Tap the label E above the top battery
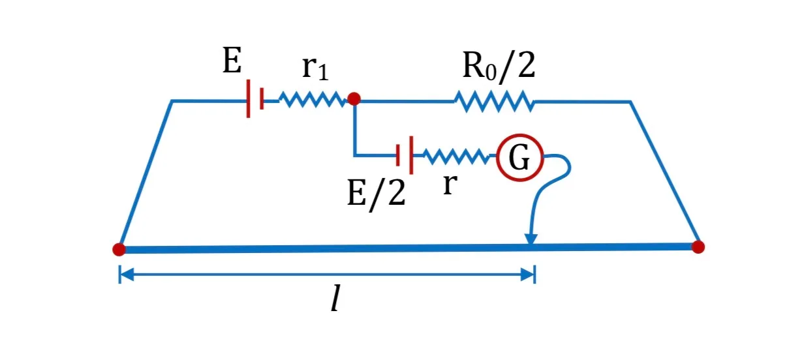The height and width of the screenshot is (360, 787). point(232,61)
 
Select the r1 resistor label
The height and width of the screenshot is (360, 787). point(315,68)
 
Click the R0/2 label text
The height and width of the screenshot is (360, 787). point(499,66)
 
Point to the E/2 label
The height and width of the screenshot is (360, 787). point(377,193)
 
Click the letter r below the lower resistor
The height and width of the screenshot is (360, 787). point(450,185)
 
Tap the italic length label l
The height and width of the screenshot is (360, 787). point(335,298)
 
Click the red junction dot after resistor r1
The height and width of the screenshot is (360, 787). point(354,98)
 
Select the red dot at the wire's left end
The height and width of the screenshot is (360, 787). point(119,249)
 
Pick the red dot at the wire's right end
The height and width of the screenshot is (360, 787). point(698,247)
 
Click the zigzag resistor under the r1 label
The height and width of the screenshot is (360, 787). point(313,100)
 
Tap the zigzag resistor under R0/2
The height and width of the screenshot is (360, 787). point(495,102)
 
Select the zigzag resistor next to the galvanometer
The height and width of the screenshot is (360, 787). point(457,157)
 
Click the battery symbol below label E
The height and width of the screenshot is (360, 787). point(255,98)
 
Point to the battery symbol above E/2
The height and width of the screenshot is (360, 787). point(405,155)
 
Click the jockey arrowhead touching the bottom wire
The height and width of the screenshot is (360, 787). point(531,239)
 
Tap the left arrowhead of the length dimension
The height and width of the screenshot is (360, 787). point(127,275)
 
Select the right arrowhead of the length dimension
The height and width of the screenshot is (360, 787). point(528,275)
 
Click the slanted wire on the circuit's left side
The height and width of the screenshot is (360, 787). point(146,174)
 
